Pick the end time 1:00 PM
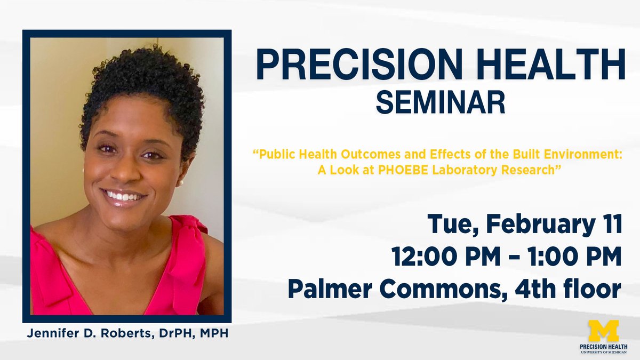574,258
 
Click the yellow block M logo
603,331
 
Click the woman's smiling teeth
123,196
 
